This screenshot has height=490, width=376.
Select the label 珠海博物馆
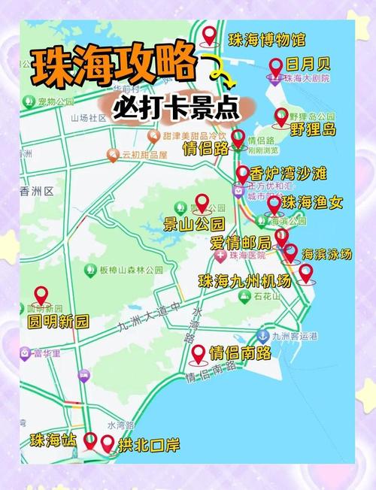point(267,38)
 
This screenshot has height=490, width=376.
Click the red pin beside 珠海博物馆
point(210,35)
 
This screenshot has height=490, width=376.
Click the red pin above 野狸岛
point(280,116)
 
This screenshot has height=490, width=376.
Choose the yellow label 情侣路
point(205,147)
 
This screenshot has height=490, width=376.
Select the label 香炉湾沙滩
point(288,174)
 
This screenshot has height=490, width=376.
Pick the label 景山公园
point(194,222)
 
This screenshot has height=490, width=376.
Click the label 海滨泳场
point(326,254)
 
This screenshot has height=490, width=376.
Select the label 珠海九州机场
point(244,281)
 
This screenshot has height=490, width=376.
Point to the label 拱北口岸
point(149,445)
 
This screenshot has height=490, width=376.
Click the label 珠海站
point(53,440)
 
